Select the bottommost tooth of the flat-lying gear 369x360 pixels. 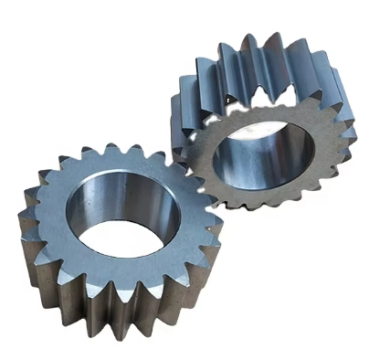tap(137, 315)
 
